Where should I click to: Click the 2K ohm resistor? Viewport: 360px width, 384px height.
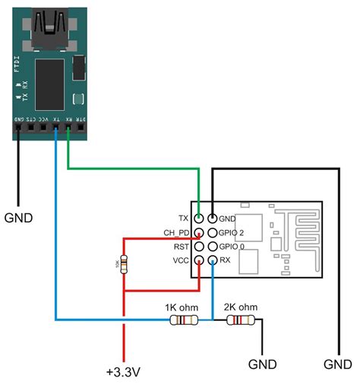point(239,321)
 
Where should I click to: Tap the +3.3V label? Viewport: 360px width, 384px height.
point(124,372)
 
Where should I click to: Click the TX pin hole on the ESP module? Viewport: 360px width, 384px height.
point(199,217)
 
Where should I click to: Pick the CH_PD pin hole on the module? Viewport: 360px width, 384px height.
point(199,232)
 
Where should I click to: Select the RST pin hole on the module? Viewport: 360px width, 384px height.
point(199,246)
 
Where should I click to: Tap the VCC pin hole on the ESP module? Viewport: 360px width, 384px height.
point(199,260)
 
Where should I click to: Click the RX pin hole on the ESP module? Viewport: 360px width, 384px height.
point(213,260)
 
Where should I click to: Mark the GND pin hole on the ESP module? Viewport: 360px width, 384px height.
point(213,217)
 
